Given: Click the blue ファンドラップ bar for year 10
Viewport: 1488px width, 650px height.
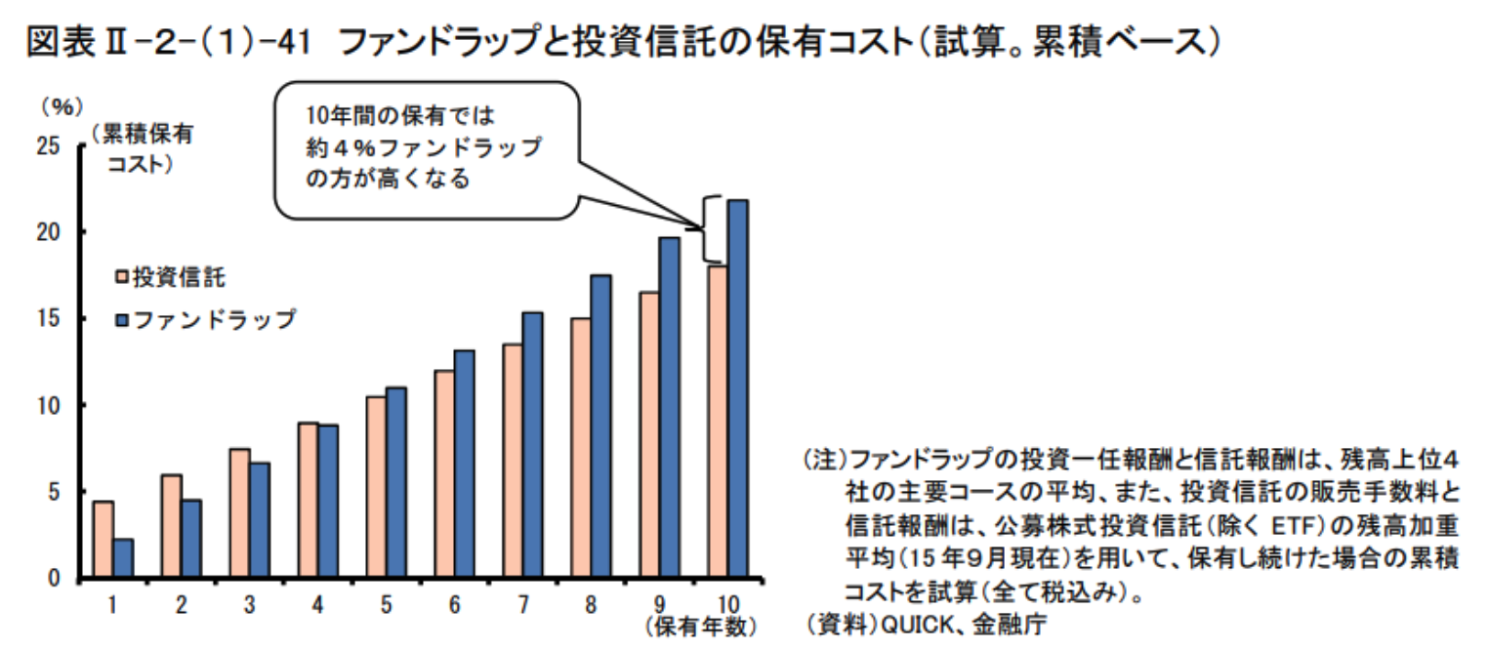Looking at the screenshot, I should pos(737,389).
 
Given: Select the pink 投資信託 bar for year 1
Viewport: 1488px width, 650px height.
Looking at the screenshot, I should pos(103,540).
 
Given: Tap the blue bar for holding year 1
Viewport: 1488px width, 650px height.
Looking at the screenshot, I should pos(123,558).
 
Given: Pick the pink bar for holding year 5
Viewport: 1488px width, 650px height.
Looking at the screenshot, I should pos(376,488).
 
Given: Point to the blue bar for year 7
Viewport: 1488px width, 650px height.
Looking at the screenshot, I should pos(532,445).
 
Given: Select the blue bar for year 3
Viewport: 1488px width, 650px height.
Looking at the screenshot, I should pos(260,520).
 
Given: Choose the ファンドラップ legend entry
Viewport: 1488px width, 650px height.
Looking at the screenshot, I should pos(206,319).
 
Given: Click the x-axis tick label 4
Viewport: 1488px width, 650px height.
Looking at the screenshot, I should pos(318,605).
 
